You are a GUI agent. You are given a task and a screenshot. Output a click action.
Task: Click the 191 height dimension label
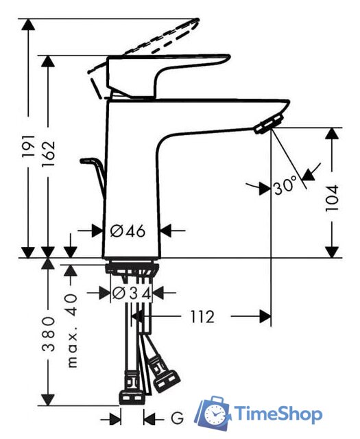29,145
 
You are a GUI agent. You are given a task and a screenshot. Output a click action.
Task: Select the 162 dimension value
48,154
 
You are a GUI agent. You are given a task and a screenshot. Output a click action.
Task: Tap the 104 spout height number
333,198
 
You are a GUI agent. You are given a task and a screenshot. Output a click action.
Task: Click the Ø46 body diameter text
128,230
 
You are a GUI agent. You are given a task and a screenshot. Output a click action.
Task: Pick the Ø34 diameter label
132,293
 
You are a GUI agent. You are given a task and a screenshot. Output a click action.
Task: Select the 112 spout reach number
202,316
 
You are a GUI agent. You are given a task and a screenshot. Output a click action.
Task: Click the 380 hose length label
48,333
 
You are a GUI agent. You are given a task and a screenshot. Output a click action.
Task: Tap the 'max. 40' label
72,331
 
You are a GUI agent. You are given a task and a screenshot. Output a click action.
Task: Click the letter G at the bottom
178,419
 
